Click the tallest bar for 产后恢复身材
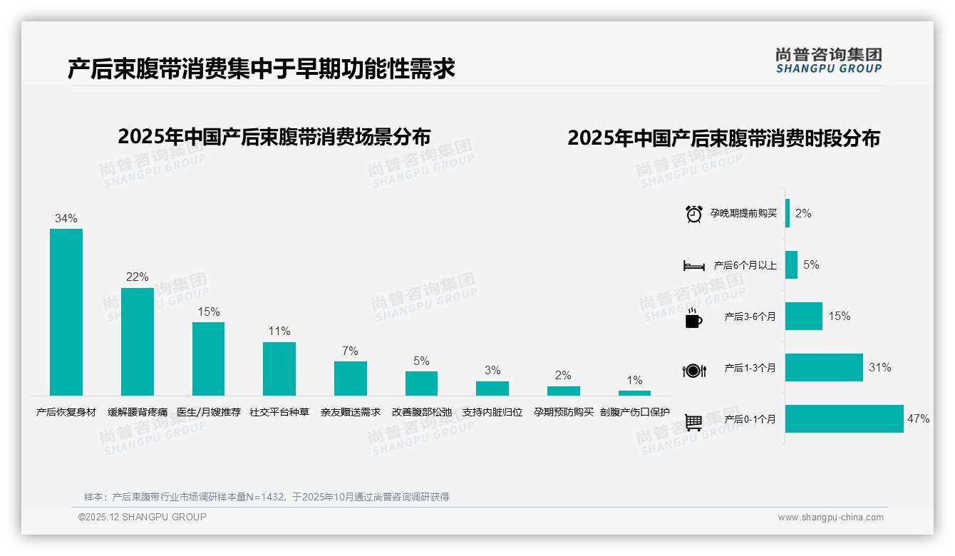66,312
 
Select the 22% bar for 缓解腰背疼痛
138,341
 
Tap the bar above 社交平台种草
279,369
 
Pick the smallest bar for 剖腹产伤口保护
634,393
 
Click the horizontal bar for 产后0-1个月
845,419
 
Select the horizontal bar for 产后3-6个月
804,316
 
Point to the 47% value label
918,419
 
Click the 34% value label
66,219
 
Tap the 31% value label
879,368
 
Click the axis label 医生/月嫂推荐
209,412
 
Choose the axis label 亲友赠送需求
351,412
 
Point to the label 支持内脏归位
492,412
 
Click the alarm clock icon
694,214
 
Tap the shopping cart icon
693,423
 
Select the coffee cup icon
693,319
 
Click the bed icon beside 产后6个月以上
694,266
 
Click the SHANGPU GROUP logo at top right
829,61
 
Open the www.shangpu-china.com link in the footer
830,518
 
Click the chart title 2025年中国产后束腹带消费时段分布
723,138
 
